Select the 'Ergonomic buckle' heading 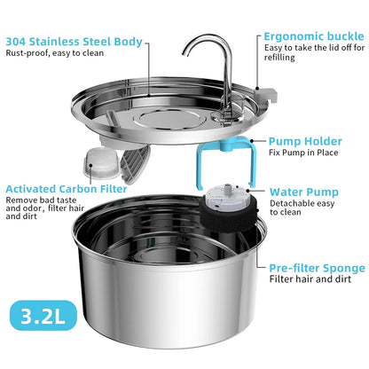(313, 36)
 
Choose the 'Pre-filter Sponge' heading (317, 267)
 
